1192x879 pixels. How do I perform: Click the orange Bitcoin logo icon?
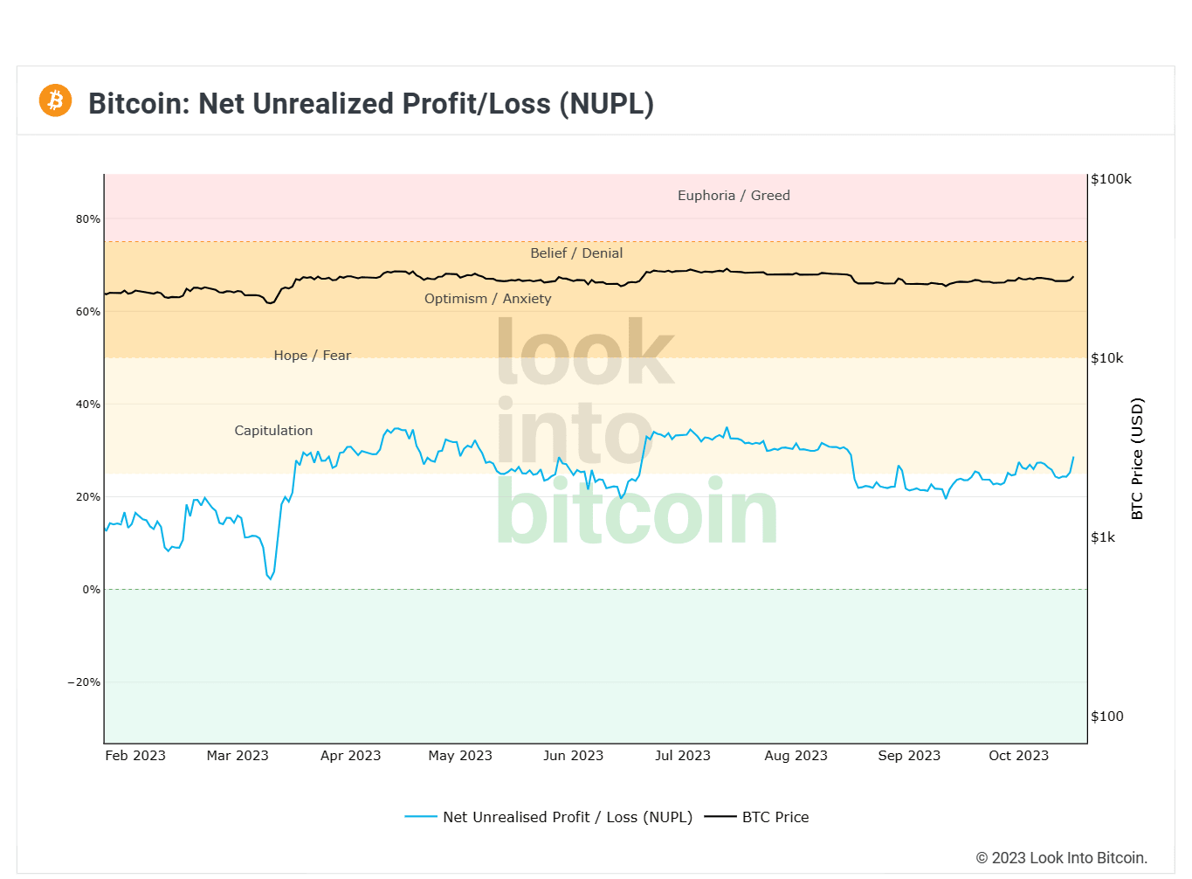(55, 100)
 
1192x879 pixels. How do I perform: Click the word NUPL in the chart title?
(606, 103)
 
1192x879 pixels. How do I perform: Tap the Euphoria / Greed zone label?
(734, 196)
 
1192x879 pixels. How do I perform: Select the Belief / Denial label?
(576, 253)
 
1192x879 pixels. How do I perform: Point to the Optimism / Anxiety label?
(487, 299)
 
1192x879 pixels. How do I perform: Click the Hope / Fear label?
(312, 356)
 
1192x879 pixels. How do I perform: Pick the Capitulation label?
(273, 431)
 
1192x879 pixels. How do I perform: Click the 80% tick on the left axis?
(87, 219)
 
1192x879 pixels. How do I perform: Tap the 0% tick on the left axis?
(91, 590)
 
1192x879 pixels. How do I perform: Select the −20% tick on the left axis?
(84, 682)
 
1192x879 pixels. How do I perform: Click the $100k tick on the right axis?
(1111, 179)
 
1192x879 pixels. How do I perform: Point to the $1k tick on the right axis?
(1103, 537)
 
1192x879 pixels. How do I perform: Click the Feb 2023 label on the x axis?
(135, 756)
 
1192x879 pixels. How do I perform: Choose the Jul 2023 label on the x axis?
(683, 756)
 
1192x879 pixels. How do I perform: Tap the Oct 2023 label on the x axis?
(1018, 756)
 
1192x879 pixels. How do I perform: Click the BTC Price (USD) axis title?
(1137, 459)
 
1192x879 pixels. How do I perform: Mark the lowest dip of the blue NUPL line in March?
(271, 578)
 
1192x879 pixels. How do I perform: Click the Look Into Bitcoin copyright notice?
(1061, 858)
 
